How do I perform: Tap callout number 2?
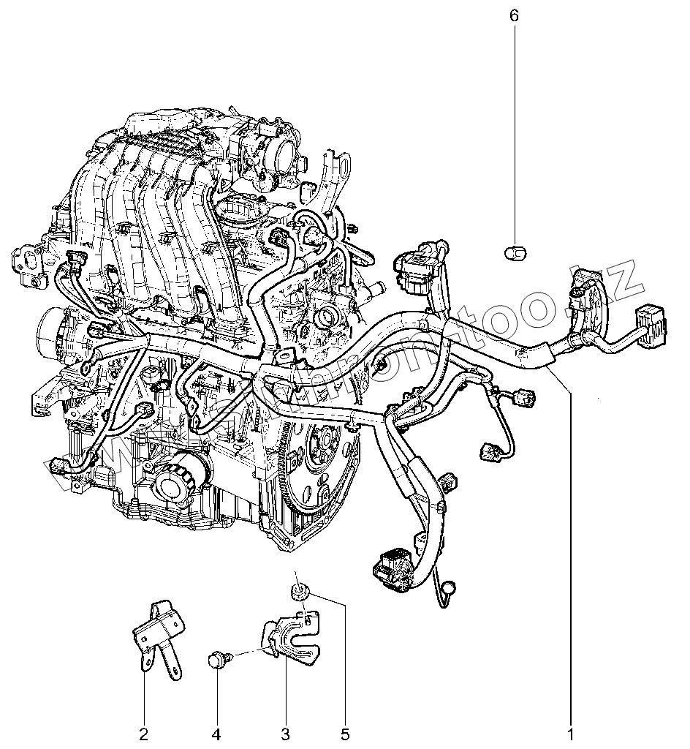click(143, 732)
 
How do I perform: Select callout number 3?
click(285, 732)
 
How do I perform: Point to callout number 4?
click(216, 732)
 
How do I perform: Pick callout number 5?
click(345, 732)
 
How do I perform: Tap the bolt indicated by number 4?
click(218, 659)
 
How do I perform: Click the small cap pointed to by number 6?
click(514, 253)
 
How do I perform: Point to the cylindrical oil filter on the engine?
click(175, 479)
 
